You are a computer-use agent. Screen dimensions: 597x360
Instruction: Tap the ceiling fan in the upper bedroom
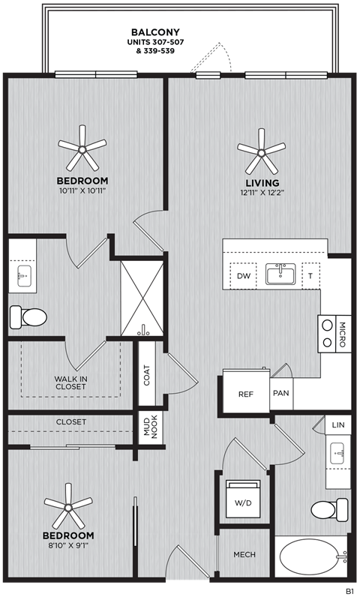point(82,149)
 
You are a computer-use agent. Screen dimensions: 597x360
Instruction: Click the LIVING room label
point(261,182)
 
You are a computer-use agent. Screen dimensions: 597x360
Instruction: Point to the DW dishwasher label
point(242,276)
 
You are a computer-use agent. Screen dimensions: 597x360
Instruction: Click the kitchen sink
point(281,274)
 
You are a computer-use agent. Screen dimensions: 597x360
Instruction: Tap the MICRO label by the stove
point(342,334)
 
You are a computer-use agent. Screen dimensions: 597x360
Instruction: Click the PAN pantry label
point(280,393)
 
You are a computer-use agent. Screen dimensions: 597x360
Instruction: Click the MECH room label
point(244,554)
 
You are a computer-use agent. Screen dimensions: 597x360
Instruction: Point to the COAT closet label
point(147,376)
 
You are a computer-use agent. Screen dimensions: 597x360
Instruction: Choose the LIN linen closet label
point(339,425)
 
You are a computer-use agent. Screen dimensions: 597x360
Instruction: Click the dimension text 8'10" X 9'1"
point(68,545)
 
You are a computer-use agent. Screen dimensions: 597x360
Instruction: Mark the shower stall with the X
point(142,298)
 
